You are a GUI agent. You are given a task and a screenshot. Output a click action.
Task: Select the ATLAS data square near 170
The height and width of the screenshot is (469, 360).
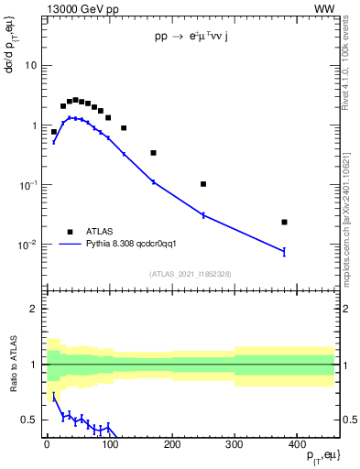153,153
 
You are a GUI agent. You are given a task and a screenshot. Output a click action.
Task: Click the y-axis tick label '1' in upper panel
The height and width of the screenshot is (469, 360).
35,125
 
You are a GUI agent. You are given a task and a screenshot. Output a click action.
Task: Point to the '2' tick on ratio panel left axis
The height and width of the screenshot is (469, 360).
35,309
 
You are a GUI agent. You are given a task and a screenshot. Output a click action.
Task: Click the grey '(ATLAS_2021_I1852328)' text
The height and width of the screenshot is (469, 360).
191,274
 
